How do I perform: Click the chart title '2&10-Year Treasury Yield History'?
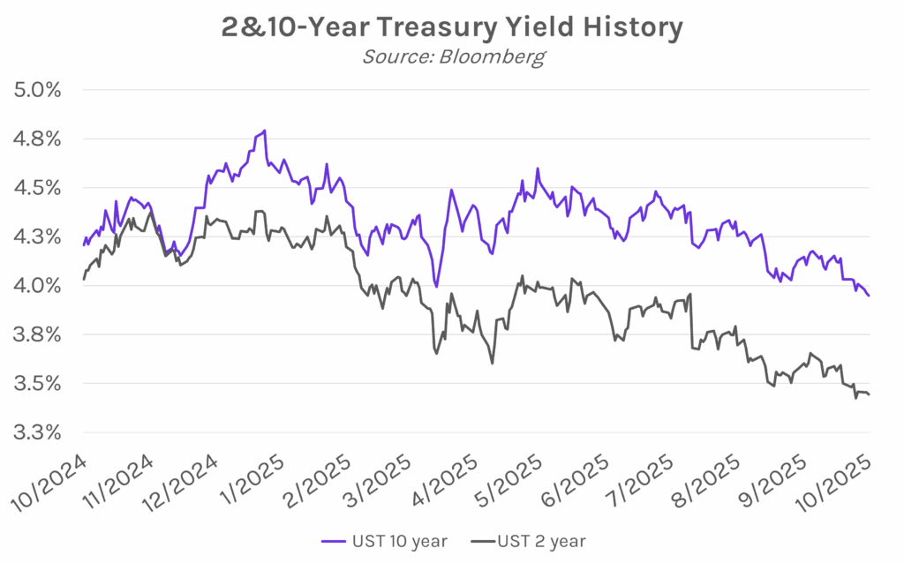coord(451,27)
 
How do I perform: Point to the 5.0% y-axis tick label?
coord(36,90)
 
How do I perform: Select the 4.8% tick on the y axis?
coord(36,139)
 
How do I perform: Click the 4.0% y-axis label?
coord(36,285)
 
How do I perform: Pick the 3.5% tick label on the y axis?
coord(36,383)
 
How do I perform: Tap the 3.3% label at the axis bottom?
coord(36,432)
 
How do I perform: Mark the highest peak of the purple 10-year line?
coord(264,131)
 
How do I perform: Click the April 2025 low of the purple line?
coord(436,286)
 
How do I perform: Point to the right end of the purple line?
coord(869,296)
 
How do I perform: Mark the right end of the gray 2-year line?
coord(869,394)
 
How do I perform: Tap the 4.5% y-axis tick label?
coord(36,188)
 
